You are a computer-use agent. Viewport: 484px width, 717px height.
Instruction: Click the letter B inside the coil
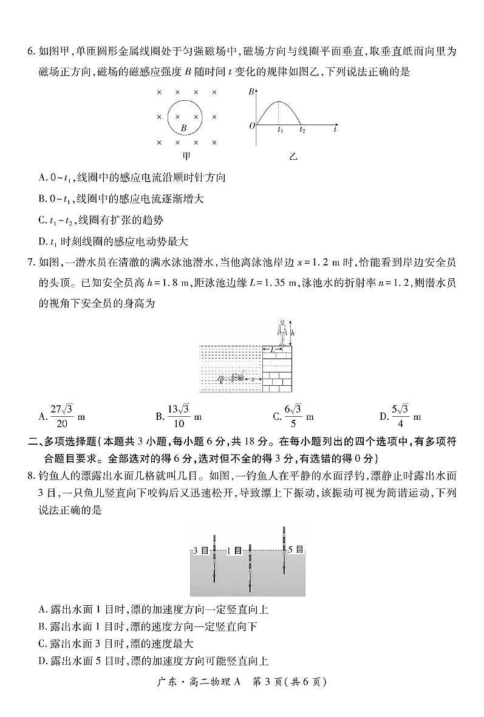[x=183, y=128]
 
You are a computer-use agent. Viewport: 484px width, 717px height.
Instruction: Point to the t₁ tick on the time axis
[x=280, y=130]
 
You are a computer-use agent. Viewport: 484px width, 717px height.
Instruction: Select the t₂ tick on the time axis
[x=302, y=130]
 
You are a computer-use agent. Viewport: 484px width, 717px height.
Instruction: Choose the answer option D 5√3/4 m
[x=400, y=417]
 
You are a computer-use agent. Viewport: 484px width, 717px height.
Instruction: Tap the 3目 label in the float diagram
[x=200, y=551]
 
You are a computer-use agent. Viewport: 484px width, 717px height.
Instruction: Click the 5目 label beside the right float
[x=296, y=549]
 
